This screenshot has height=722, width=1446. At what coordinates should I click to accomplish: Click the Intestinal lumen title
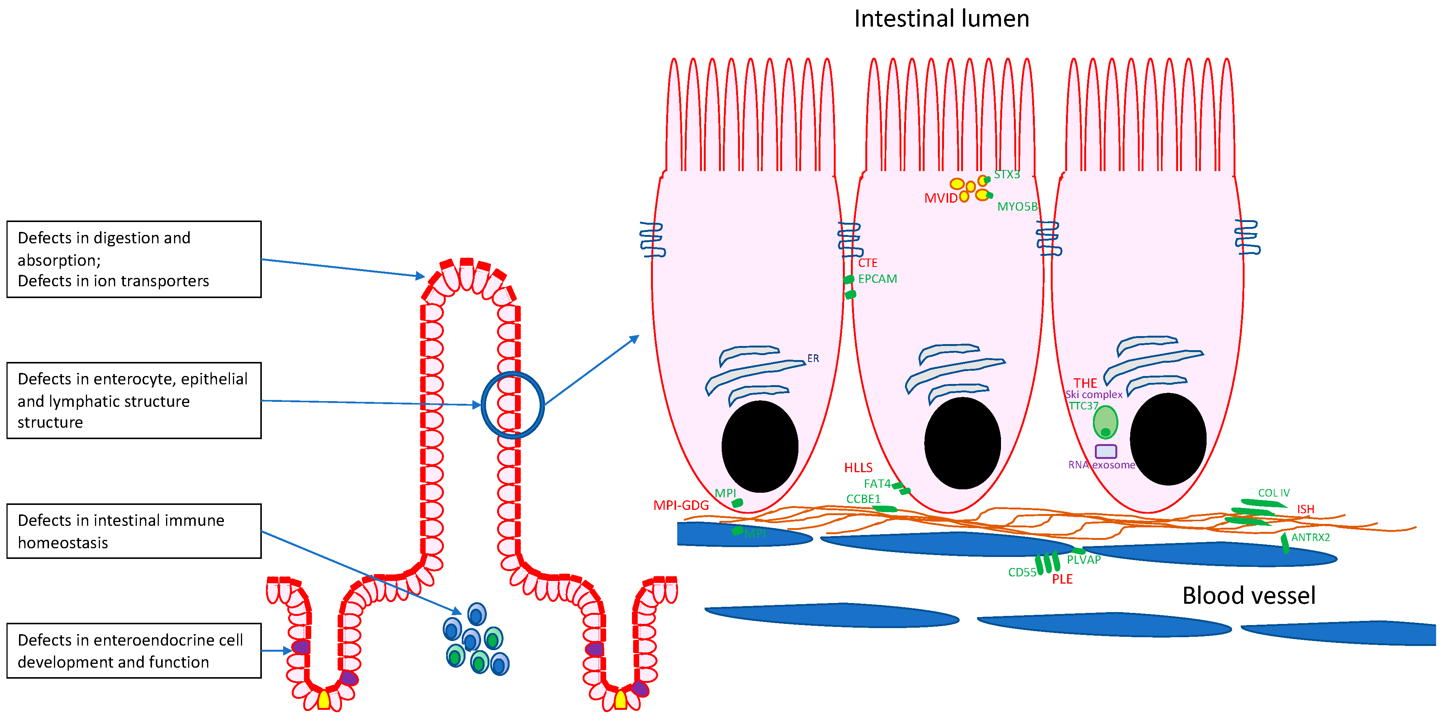click(941, 19)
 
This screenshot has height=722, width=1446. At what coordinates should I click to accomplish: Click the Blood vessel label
click(1248, 596)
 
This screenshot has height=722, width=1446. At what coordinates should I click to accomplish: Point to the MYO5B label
click(1017, 206)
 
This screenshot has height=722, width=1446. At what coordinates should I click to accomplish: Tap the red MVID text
click(941, 198)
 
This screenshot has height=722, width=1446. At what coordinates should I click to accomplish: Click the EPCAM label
click(877, 279)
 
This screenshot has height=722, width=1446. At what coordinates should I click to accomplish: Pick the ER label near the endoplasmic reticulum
click(813, 358)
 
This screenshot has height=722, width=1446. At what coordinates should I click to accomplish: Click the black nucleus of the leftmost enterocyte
click(760, 446)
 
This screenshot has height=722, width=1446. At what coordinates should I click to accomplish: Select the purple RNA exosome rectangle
click(1105, 451)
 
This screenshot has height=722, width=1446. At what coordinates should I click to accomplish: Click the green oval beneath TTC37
click(1105, 422)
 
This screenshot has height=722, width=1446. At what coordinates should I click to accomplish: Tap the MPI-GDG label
click(681, 505)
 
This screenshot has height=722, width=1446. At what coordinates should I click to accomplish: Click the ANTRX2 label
click(1310, 537)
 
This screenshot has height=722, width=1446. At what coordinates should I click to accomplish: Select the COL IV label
click(1274, 493)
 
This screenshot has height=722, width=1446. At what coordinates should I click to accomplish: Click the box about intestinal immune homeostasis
click(134, 531)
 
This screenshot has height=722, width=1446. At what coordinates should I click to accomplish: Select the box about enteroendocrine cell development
click(134, 651)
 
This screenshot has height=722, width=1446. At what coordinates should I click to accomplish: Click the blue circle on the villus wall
click(513, 405)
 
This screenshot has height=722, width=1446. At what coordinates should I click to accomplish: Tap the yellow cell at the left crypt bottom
click(324, 700)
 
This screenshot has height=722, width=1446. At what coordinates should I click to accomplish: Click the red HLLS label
click(858, 468)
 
